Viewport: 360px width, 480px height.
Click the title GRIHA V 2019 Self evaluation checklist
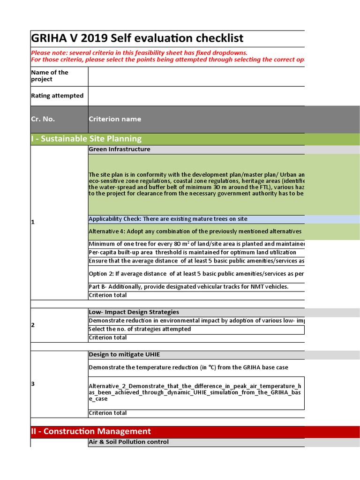137,38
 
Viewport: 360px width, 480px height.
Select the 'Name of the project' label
50,76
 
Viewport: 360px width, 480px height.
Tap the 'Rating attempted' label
57,96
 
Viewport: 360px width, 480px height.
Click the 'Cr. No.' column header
43,119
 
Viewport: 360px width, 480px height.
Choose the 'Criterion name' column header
115,119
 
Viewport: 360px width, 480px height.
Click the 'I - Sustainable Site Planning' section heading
86,139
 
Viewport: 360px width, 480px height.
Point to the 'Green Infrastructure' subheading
120,150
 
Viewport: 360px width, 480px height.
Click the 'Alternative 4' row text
195,231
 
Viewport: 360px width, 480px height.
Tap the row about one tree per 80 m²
196,244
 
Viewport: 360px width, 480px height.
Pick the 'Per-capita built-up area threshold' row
192,252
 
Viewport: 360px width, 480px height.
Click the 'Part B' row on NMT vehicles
188,286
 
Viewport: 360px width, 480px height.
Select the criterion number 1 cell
33,222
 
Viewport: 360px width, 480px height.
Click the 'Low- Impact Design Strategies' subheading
134,312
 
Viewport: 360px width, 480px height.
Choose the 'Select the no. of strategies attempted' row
140,329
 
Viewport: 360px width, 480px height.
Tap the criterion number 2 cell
33,325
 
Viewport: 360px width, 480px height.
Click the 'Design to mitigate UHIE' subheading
121,354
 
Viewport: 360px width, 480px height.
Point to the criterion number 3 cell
33,384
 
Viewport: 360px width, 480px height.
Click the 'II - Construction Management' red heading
91,431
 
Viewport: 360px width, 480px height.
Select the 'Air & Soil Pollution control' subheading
128,442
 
